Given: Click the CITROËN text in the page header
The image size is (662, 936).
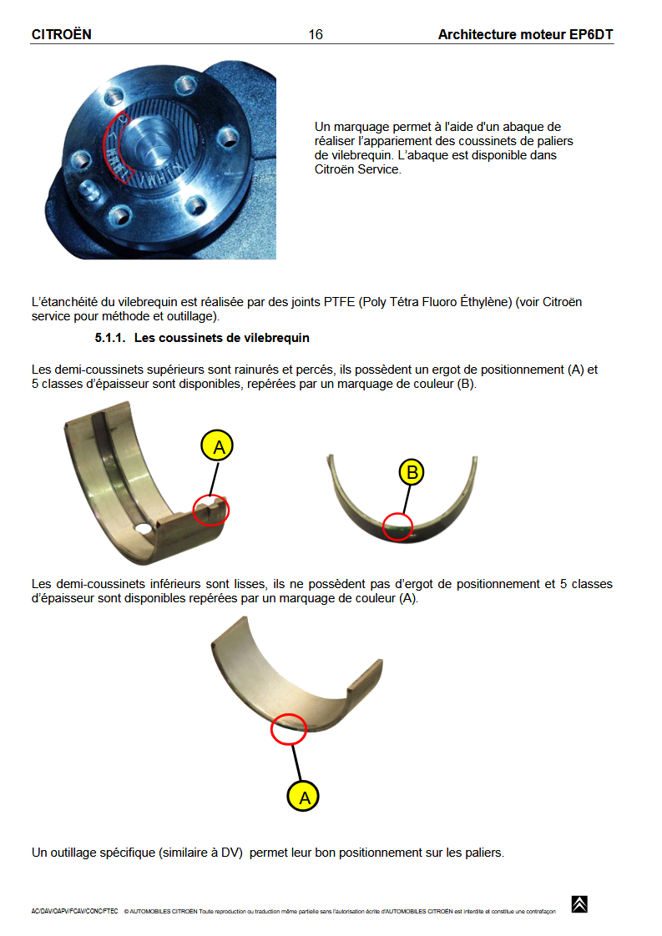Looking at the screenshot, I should [61, 34].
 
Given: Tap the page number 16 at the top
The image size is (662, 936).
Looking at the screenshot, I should [315, 34].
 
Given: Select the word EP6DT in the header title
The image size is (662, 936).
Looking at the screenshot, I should [594, 34].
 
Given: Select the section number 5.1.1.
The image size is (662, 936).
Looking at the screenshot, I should [111, 338].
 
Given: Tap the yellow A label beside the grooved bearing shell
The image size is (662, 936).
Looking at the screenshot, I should [219, 446].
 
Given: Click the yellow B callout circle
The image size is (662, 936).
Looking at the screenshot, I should [412, 473].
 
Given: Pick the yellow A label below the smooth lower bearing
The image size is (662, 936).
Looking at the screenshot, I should [304, 797].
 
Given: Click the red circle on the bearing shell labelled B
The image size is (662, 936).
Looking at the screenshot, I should [397, 526].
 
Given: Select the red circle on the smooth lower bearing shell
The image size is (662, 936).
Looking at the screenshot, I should [289, 728].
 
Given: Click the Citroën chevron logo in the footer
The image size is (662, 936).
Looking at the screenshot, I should [579, 904].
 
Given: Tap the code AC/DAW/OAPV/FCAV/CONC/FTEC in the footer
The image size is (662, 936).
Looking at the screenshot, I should [74, 911].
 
